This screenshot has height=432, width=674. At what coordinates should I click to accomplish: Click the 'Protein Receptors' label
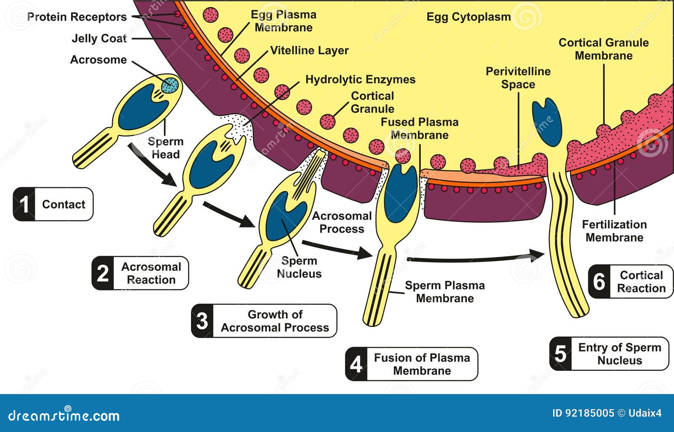tap(77, 17)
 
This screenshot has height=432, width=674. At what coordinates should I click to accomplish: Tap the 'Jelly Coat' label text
tap(99, 38)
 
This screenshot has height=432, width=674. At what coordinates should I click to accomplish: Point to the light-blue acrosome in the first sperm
tap(170, 85)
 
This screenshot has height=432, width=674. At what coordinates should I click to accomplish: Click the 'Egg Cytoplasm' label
tap(468, 17)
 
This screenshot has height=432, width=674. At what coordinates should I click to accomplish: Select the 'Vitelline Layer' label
tap(309, 50)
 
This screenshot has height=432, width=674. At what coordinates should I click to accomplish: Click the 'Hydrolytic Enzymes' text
tap(360, 80)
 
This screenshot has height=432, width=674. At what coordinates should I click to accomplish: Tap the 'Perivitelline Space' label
tap(518, 78)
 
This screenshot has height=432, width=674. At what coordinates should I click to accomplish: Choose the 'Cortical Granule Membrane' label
tap(604, 49)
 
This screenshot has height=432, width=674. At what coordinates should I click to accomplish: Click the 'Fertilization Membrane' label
tap(615, 231)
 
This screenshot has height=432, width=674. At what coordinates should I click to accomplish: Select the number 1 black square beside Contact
tap(24, 204)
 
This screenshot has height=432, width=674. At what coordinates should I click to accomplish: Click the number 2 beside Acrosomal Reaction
tap(103, 273)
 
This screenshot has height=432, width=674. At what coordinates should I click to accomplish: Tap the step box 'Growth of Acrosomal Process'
tap(264, 321)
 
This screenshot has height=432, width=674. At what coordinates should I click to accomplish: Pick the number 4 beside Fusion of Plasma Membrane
tap(356, 364)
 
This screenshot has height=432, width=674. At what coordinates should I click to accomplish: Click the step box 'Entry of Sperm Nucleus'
tap(609, 354)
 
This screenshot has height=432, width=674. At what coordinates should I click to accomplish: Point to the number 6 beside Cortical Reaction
tap(599, 282)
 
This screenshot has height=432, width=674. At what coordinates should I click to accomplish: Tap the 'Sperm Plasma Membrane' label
tap(445, 292)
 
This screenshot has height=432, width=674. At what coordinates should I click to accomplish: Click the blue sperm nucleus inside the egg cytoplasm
tap(547, 122)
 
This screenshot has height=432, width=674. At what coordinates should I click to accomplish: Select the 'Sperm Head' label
tap(165, 148)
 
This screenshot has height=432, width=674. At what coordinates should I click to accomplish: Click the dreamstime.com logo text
tap(64, 416)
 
